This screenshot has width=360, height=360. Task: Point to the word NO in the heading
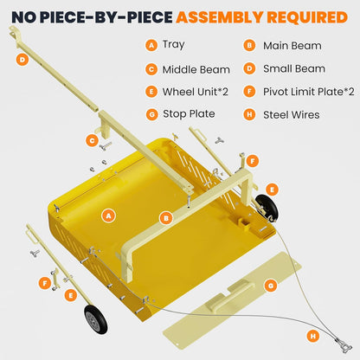(24, 16)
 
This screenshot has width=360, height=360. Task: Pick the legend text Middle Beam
(192, 68)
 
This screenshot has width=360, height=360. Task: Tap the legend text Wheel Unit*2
(195, 91)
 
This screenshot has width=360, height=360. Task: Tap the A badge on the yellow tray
(108, 215)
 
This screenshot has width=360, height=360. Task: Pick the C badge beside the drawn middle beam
(91, 139)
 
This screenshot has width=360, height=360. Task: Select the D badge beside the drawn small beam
(22, 60)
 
